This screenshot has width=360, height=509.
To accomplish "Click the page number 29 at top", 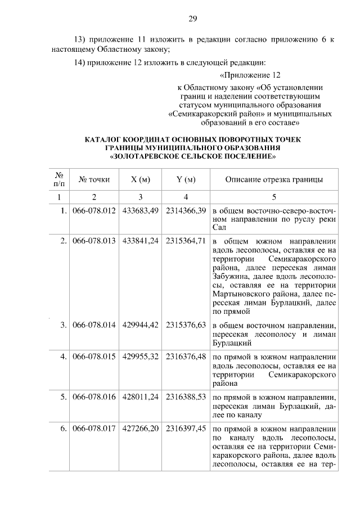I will pos(192,19).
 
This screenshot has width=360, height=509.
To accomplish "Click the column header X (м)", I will pos(140,180).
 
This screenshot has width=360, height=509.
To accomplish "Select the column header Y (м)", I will pos(186,180).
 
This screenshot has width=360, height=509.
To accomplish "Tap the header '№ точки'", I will pos(94,180).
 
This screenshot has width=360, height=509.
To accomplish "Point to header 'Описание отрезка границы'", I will pos(273,180).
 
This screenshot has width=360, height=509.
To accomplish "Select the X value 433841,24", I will pos(140,241).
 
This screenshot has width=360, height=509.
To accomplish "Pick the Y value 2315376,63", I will pos(186,325).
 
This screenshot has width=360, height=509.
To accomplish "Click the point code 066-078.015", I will pos(94,357).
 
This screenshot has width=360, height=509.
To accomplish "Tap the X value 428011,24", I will pos(140,397).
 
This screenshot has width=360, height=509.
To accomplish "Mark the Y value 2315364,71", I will pos(186,241).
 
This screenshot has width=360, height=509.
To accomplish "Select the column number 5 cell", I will pos(273,197).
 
